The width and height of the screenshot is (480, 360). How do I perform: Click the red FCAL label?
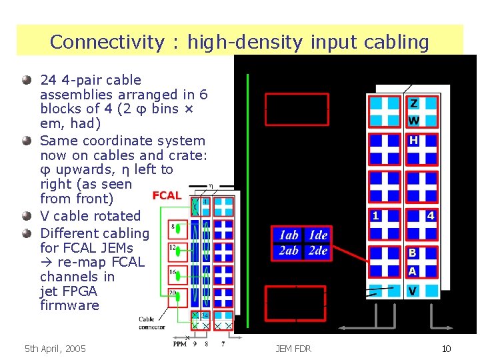(x=167, y=195)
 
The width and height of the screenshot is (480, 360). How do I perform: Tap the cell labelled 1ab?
(x=288, y=235)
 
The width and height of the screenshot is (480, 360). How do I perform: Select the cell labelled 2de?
(x=317, y=251)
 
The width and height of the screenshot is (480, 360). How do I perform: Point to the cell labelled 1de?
(x=317, y=235)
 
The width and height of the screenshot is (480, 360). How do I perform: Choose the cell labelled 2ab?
(x=288, y=251)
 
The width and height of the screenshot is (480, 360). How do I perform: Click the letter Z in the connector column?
(x=414, y=104)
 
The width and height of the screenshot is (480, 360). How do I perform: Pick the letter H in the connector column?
(x=414, y=141)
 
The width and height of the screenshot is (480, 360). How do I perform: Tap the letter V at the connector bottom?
(x=413, y=291)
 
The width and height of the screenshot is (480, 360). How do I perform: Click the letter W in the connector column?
(x=414, y=121)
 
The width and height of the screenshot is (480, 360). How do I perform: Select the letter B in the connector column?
(x=413, y=253)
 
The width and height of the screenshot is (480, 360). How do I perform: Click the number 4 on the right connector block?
(x=431, y=216)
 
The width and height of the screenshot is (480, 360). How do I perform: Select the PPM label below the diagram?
(x=179, y=344)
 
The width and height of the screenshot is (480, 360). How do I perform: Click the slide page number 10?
(x=446, y=349)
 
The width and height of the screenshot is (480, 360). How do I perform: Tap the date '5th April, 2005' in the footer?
(x=55, y=349)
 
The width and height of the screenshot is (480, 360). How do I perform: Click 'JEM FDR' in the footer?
(x=293, y=349)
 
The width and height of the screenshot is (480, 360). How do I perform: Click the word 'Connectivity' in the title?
(x=106, y=42)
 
